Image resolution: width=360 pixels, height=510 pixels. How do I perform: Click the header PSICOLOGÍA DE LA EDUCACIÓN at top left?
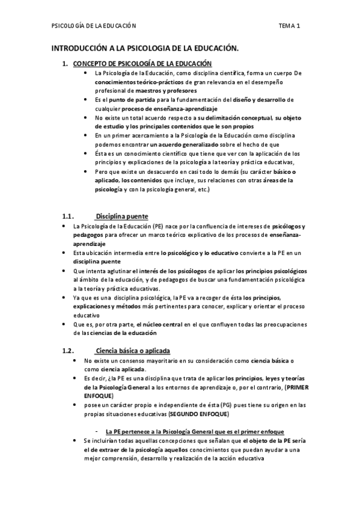coord(94,26)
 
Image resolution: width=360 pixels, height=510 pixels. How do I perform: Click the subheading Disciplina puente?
coord(122,217)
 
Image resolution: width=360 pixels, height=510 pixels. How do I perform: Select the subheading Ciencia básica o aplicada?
coord(132,351)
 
